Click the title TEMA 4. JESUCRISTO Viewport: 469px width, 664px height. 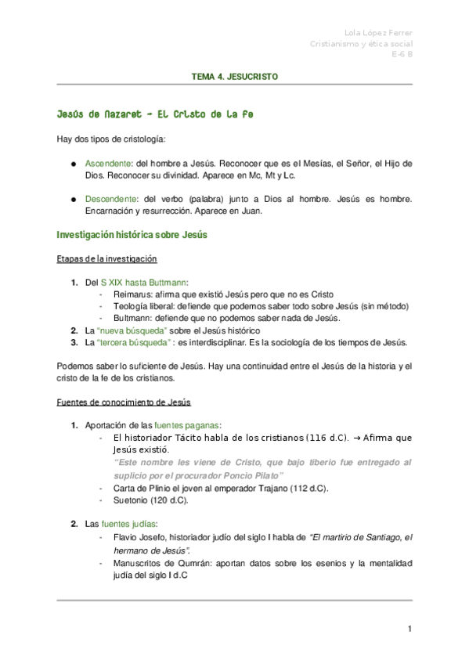point(234,78)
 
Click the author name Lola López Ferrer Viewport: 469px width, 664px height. point(379,32)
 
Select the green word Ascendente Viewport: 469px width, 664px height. point(110,164)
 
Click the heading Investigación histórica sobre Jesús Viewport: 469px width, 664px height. point(132,235)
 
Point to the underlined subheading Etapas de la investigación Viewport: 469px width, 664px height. point(107,258)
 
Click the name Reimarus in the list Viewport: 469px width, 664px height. point(133,294)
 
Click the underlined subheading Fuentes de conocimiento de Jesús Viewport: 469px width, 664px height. point(124,402)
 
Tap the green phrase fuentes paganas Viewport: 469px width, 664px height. point(187,425)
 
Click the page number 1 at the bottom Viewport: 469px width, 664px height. point(409,630)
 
